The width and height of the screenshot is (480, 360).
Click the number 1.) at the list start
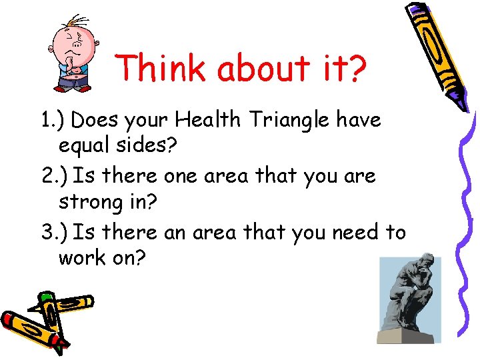tap(51, 121)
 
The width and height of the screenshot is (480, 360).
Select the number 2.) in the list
tap(52, 177)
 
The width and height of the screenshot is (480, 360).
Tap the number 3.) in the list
tap(52, 233)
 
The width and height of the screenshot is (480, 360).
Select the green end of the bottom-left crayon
tap(45, 297)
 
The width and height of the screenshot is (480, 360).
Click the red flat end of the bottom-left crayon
tap(10, 319)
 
